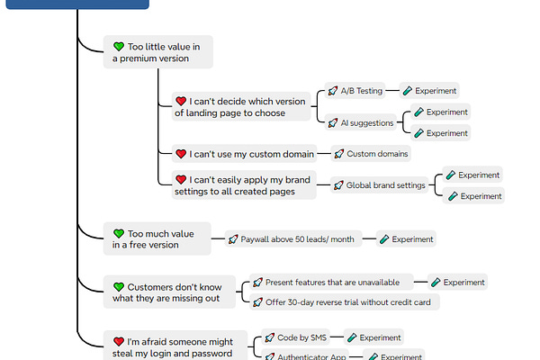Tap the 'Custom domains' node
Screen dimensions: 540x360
pos(372,154)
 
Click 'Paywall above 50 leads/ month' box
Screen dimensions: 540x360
pos(293,239)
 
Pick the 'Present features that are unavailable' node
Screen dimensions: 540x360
pos(332,283)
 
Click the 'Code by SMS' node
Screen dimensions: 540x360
pos(298,337)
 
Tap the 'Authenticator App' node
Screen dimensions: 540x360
pos(306,356)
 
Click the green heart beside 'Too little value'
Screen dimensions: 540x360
pos(119,46)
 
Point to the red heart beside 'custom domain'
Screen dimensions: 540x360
pos(181,154)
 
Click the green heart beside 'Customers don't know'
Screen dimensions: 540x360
pos(119,286)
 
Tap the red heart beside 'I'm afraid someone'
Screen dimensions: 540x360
pos(119,342)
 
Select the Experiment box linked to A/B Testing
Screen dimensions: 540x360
pos(429,91)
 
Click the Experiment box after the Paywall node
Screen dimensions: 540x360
pos(407,239)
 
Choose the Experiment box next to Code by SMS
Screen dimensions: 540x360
pos(373,337)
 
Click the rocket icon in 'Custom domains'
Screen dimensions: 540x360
pos(338,154)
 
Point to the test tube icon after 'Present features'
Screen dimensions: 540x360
pos(436,283)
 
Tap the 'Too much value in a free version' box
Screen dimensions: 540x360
pos(157,238)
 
